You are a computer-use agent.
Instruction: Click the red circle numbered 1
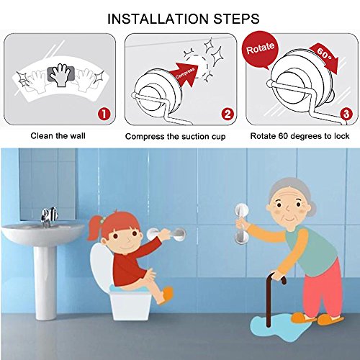click(104, 114)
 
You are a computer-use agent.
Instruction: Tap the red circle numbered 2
click(228, 114)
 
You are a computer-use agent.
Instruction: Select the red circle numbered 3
click(346, 114)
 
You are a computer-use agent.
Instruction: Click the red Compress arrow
click(186, 74)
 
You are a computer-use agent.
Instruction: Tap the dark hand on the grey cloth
click(59, 74)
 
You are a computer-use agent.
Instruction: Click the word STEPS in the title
click(236, 19)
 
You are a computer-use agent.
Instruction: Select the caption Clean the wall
click(58, 136)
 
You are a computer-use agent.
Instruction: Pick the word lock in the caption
click(341, 136)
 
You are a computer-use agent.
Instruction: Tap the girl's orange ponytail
click(94, 228)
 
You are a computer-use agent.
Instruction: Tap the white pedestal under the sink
click(45, 282)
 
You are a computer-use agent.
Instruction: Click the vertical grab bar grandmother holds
click(240, 225)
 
